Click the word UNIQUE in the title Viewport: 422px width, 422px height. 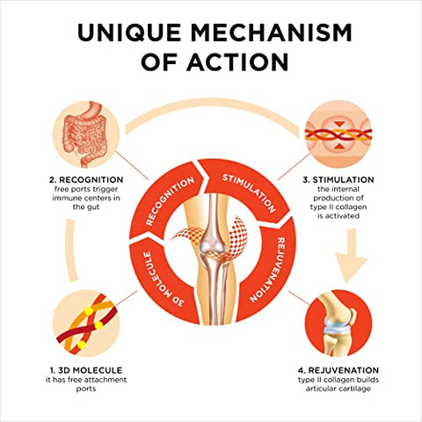pos(129,32)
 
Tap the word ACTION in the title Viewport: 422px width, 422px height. pos(237,62)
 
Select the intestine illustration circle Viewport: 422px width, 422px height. pos(86,135)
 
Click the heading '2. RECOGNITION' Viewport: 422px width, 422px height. pos(86,179)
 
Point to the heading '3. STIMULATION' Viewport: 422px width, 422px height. pos(338,179)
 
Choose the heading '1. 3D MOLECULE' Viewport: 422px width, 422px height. pos(86,370)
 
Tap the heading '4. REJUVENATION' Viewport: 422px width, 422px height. pos(338,370)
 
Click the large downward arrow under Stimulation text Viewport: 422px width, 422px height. pos(351,256)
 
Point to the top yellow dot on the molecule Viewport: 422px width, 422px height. pos(88,311)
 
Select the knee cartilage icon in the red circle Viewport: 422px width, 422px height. pos(338,324)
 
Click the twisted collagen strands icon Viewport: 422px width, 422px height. pos(338,135)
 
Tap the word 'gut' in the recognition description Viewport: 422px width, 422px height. pos(93,207)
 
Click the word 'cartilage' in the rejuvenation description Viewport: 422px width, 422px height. pos(354,389)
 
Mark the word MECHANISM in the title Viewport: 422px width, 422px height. pos(271,32)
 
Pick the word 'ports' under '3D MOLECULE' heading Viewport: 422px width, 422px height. pos(86,389)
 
